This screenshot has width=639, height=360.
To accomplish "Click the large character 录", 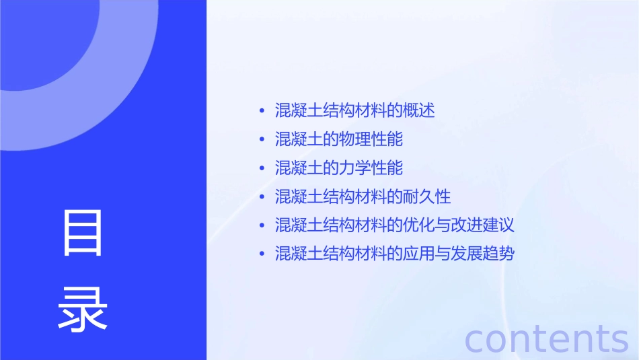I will pos(83,308).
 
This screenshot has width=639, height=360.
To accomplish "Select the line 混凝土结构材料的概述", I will pos(355,110).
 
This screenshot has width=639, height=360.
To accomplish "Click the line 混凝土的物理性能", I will pos(339,139).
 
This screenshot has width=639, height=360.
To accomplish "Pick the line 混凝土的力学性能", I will pos(339,168).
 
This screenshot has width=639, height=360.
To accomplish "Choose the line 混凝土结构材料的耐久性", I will pos(363,197).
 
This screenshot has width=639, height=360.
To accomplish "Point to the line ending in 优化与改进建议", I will pos(395,225).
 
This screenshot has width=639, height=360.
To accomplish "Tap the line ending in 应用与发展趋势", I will pos(395,254).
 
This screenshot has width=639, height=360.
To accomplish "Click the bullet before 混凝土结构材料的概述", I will pos(262,111).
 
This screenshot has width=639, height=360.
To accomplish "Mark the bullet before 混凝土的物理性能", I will pos(262,140).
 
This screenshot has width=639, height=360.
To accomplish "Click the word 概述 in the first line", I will pos(419,110).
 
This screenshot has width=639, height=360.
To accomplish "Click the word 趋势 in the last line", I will pos(498,254).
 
